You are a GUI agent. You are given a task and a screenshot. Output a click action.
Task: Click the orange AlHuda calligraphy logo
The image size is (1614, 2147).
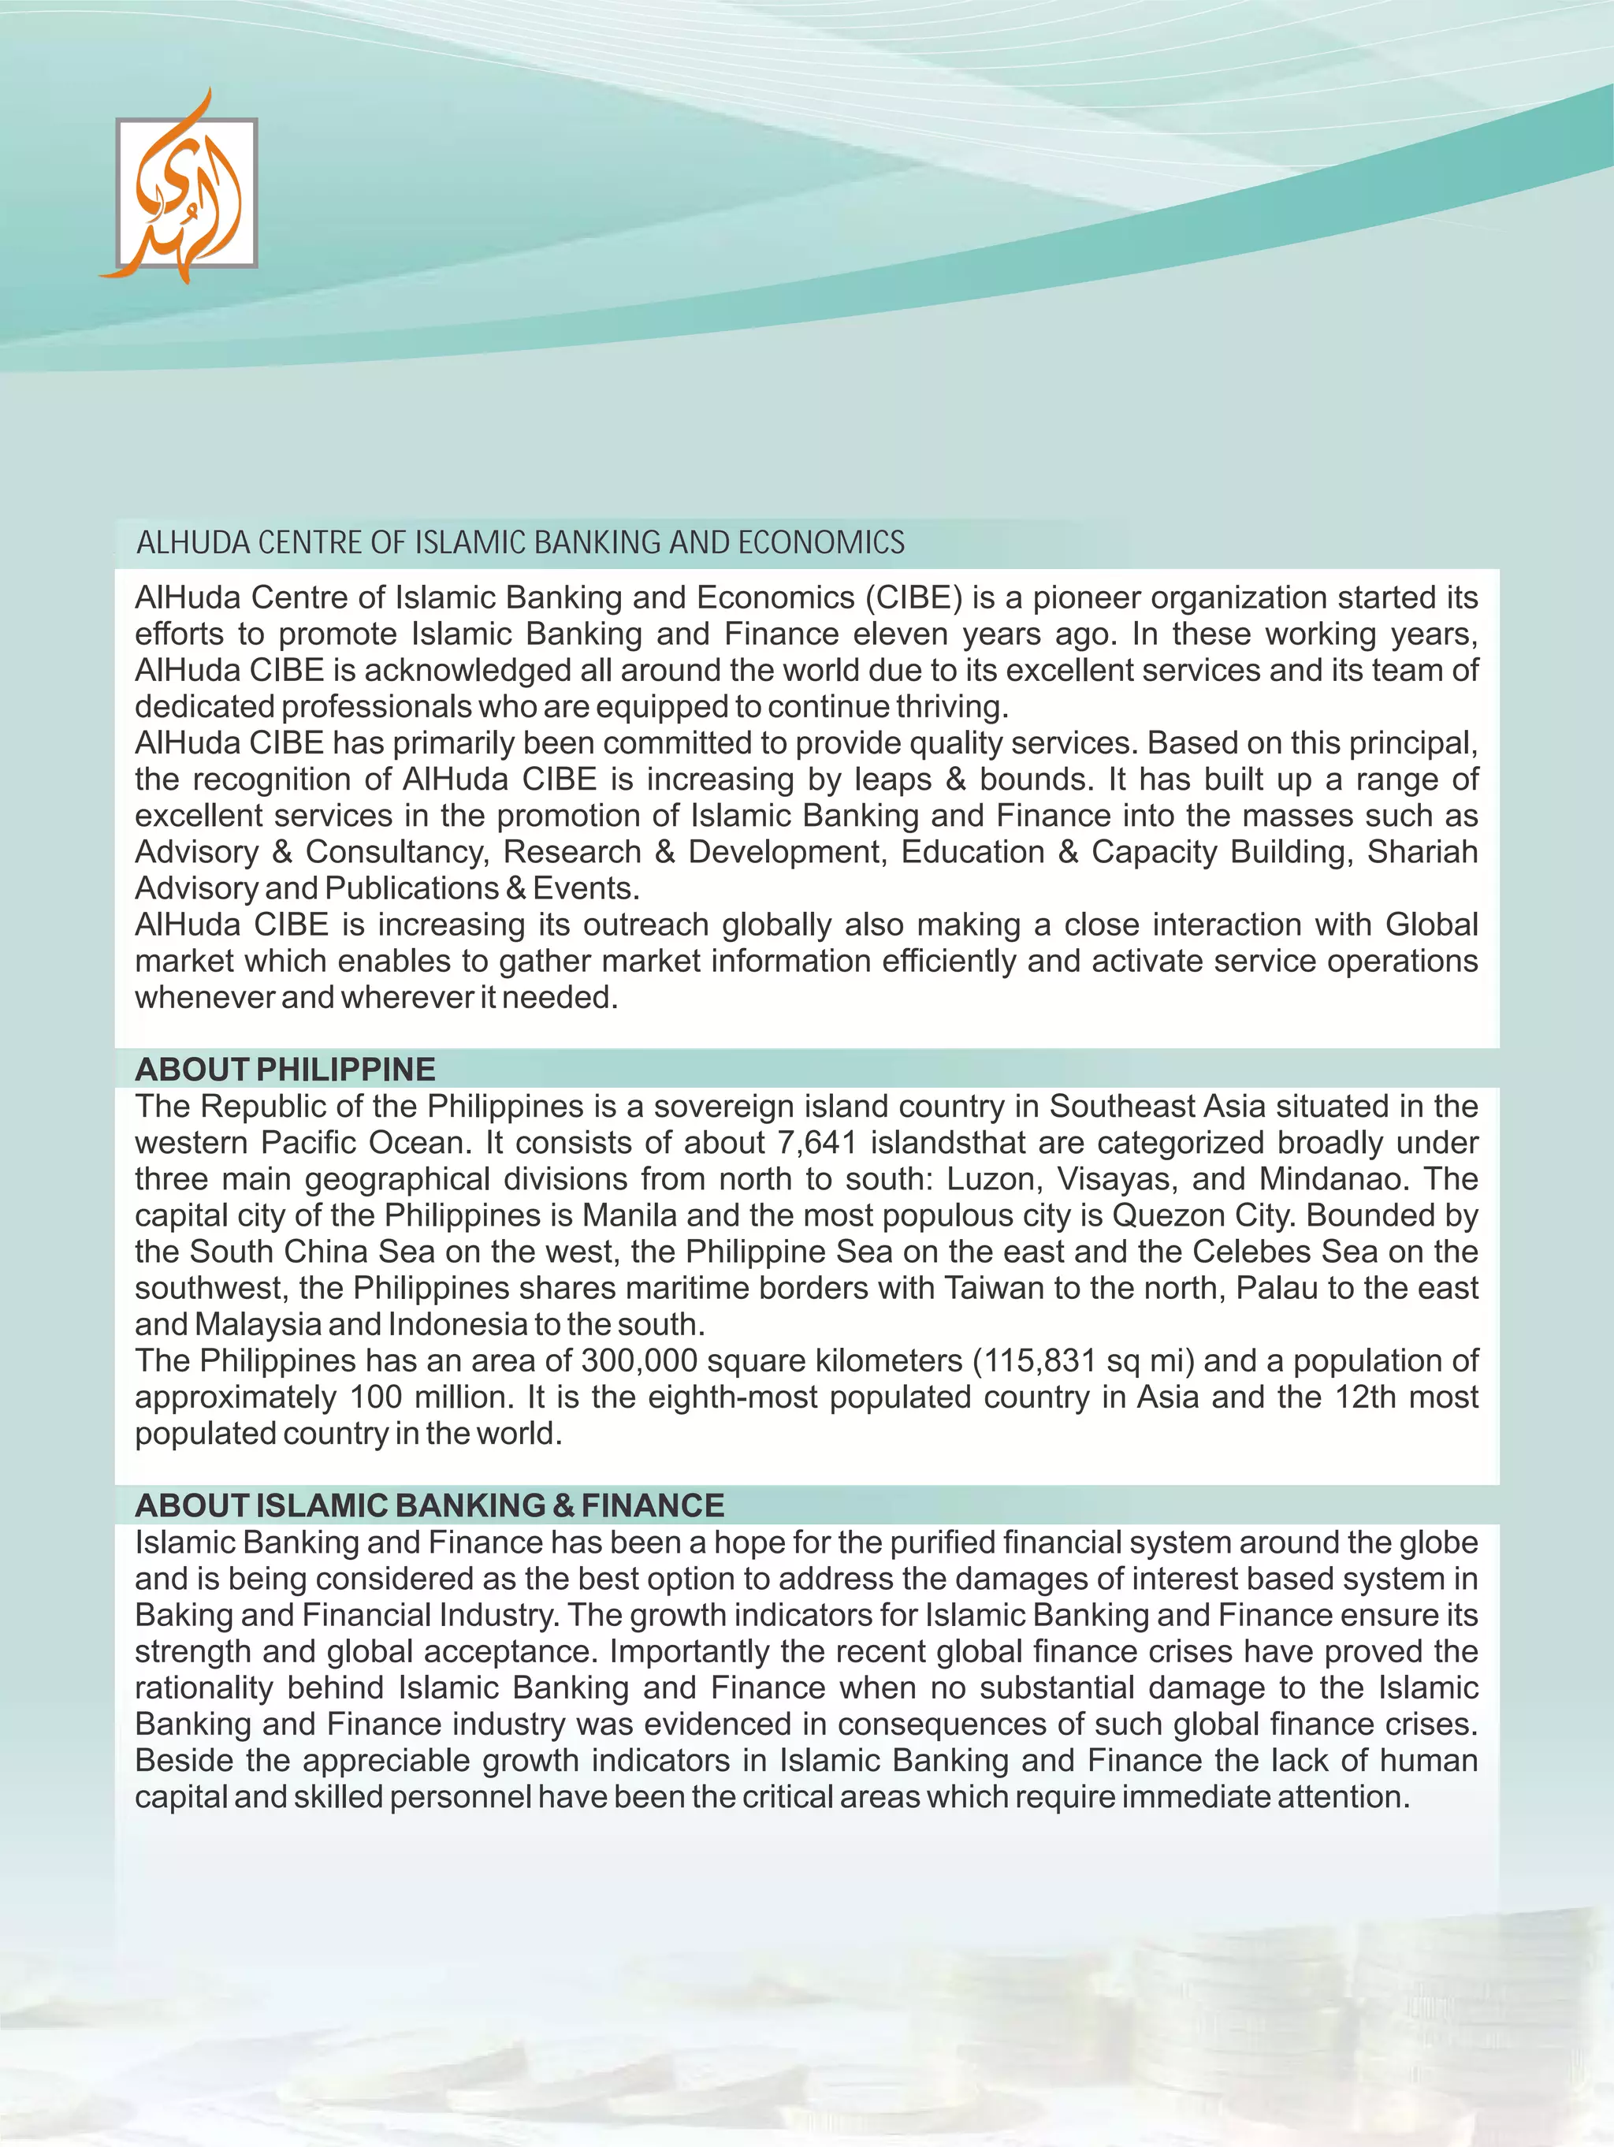[184, 189]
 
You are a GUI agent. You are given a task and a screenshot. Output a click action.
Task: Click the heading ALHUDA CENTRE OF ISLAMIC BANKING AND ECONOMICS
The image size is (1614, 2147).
[520, 542]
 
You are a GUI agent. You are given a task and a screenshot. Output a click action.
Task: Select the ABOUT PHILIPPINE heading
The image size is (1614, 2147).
[284, 1069]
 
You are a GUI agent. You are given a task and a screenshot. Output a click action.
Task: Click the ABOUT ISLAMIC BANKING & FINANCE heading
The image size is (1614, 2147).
[429, 1505]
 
